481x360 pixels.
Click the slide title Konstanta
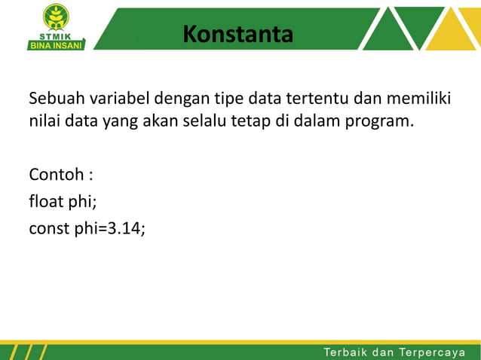237,34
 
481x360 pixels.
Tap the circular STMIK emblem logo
56,16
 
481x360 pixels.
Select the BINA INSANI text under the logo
56,44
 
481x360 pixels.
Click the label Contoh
57,175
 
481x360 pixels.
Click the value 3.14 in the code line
124,228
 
